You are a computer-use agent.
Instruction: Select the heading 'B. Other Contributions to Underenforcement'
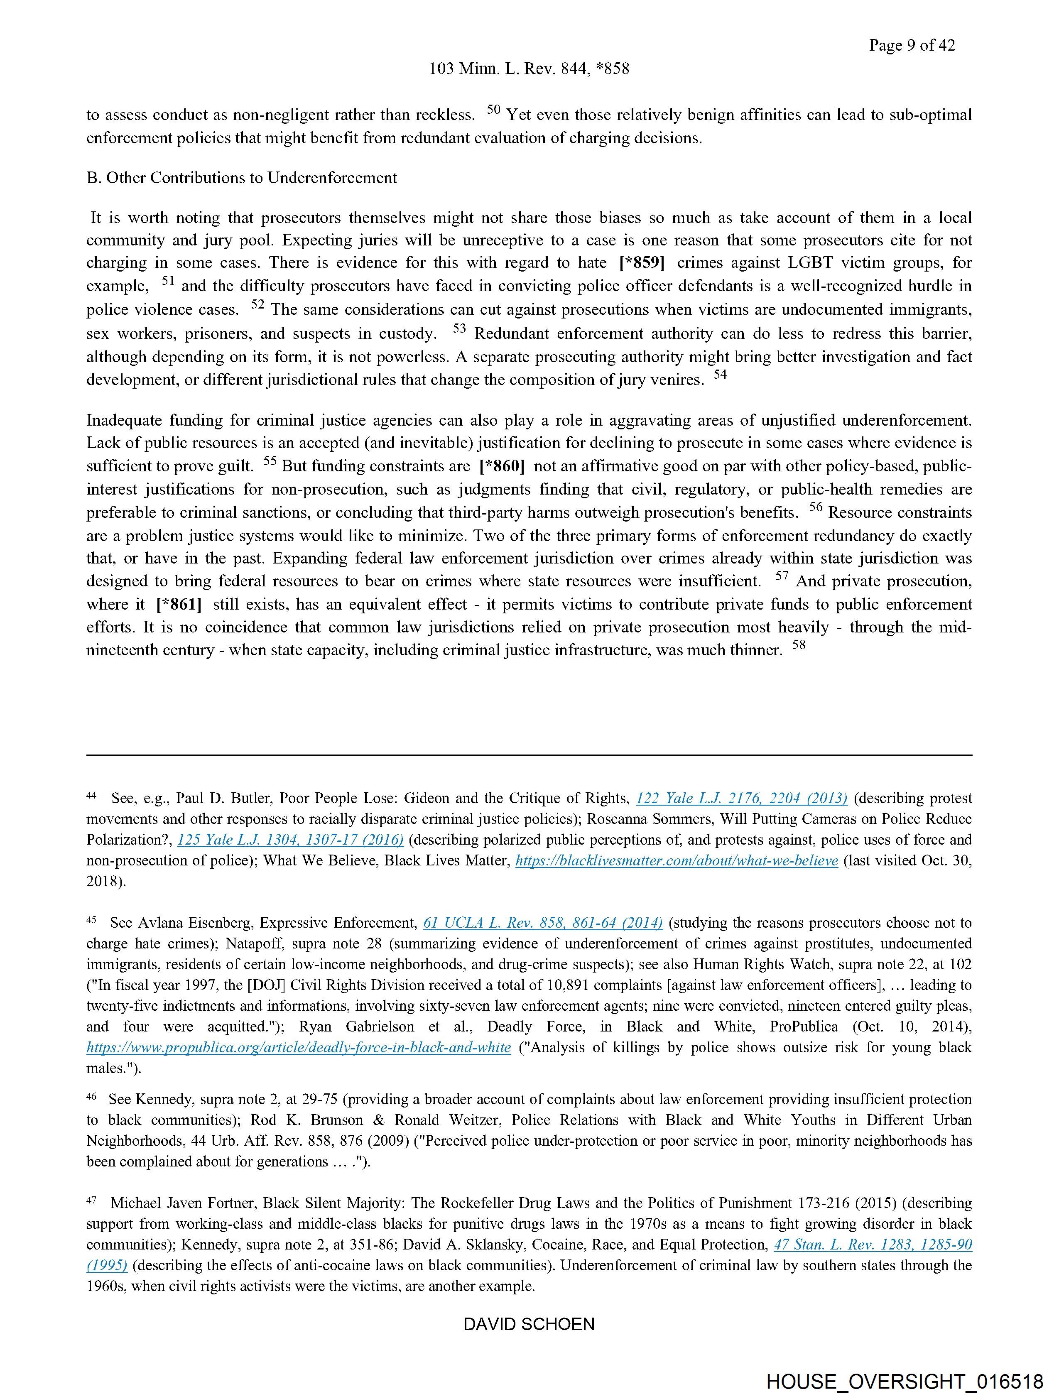pyautogui.click(x=242, y=178)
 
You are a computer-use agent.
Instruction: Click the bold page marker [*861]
pyautogui.click(x=179, y=605)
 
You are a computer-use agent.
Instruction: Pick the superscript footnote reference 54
pyautogui.click(x=720, y=375)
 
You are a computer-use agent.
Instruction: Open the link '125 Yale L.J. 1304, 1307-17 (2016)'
pyautogui.click(x=290, y=840)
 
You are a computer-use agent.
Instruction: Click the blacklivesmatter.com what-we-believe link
pyautogui.click(x=677, y=861)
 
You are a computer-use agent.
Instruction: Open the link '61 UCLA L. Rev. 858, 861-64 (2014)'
pyautogui.click(x=543, y=924)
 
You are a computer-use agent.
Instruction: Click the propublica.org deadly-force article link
pyautogui.click(x=299, y=1048)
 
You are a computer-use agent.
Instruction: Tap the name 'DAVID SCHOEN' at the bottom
pyautogui.click(x=529, y=1324)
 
